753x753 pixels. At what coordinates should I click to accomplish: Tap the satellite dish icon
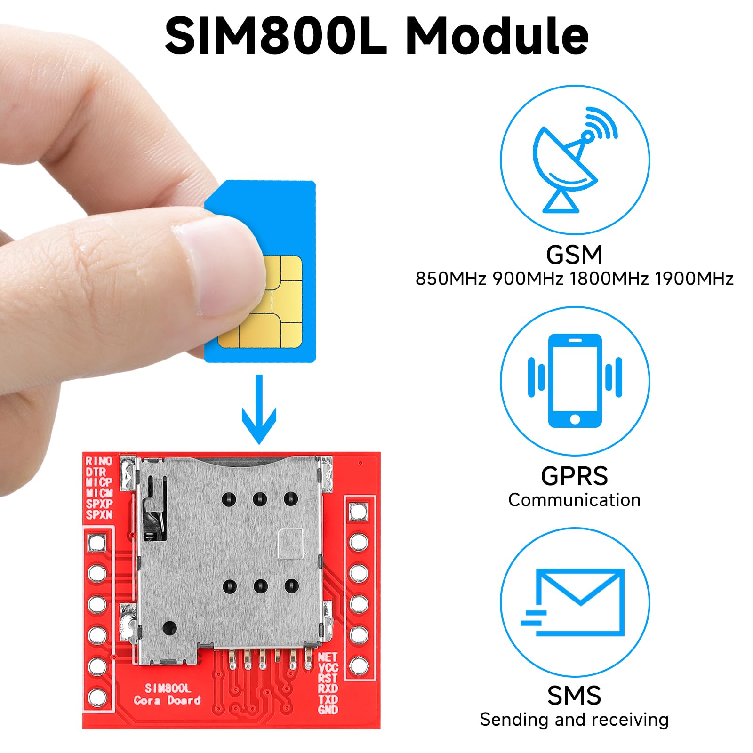(x=572, y=160)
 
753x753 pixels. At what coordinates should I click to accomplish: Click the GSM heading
(x=574, y=255)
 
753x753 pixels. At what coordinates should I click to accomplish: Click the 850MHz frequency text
(x=450, y=279)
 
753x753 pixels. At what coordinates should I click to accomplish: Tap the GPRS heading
(x=574, y=476)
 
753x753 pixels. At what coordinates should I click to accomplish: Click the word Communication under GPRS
(x=574, y=500)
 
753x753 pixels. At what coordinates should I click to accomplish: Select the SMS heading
(x=574, y=696)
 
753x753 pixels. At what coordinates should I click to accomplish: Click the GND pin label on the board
(x=328, y=709)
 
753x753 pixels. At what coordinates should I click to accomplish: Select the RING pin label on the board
(x=99, y=461)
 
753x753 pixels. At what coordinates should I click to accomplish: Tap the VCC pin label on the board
(x=328, y=667)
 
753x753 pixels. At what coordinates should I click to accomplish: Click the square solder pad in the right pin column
(x=359, y=511)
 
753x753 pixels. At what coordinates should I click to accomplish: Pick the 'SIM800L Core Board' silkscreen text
(x=168, y=694)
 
